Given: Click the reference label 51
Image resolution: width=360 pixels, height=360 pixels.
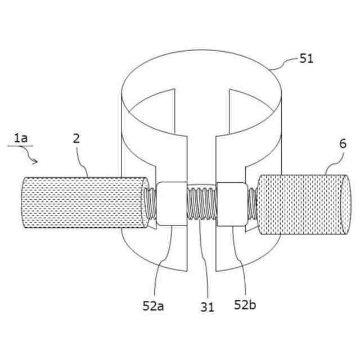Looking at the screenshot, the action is point(307,58).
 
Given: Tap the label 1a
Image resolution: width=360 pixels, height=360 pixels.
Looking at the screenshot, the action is point(20,137).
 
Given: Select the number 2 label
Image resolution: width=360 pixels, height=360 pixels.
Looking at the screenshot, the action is point(76,138).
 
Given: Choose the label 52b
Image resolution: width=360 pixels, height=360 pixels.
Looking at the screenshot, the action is point(245,305).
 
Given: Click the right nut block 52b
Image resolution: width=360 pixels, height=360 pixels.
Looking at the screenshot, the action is point(231,204).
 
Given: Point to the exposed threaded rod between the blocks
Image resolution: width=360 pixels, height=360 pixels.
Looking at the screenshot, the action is point(201,204).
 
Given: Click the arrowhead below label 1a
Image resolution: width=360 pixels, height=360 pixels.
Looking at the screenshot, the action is point(36,161).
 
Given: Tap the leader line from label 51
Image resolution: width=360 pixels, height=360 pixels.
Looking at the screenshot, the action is point(284,63).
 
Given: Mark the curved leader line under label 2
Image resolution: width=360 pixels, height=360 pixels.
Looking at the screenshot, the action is point(83,163).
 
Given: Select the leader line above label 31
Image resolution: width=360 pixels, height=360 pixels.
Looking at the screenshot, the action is point(204,264).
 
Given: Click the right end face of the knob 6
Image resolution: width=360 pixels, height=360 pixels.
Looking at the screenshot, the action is point(345,204).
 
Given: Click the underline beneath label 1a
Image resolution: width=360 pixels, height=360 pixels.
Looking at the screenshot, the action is point(19,146).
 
